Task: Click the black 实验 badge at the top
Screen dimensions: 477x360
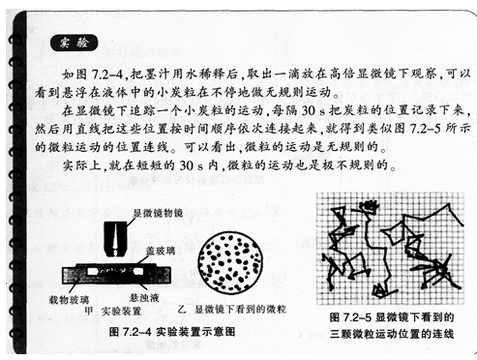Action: tap(74, 43)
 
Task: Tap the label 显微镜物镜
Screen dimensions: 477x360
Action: tap(158, 213)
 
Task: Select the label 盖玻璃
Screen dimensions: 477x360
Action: tap(161, 251)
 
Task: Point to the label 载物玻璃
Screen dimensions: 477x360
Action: tap(69, 300)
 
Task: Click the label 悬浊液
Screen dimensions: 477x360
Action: tap(144, 297)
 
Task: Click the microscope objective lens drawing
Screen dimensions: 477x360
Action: tap(115, 239)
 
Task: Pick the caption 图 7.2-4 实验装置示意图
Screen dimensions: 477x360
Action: tap(172, 332)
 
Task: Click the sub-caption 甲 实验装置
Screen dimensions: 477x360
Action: tap(112, 312)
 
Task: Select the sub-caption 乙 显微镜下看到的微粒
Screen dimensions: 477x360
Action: tap(231, 310)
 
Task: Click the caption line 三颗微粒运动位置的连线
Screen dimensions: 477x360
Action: tap(392, 334)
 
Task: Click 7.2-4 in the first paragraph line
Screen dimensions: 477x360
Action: tap(107, 75)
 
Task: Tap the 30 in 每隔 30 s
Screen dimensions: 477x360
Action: tap(309, 110)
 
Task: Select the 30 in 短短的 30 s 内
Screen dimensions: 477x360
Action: tap(187, 165)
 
